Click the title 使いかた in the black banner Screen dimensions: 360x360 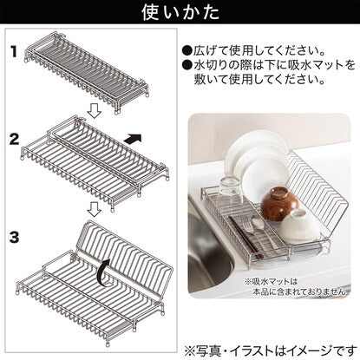click(x=180, y=12)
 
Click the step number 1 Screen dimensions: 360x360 click(x=15, y=52)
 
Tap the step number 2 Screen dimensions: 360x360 click(x=14, y=140)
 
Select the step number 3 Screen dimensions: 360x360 click(x=14, y=237)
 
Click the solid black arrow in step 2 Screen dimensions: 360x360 click(x=133, y=139)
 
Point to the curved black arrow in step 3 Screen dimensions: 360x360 click(x=103, y=272)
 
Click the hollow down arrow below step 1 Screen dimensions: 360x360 click(x=95, y=111)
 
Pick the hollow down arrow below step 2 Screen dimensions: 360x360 click(x=95, y=209)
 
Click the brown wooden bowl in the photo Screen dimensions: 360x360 click(x=279, y=204)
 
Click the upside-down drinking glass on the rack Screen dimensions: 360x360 click(x=231, y=191)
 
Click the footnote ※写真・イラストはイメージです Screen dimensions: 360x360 click(x=271, y=351)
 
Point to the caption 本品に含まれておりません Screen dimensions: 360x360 click(x=299, y=291)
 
